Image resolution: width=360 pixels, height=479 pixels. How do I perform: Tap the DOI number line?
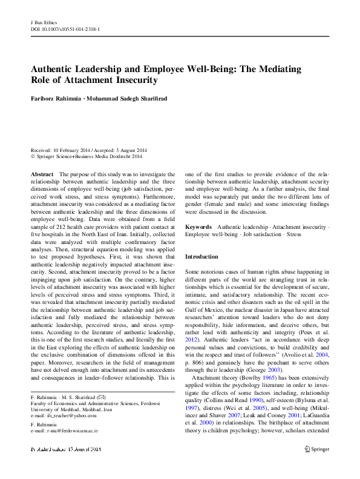pyautogui.click(x=65, y=28)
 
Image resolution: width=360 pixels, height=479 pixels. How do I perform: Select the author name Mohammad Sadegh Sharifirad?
pyautogui.click(x=134, y=98)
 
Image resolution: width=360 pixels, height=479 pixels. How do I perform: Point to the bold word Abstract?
pyautogui.click(x=42, y=174)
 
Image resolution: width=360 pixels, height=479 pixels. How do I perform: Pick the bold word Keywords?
pyautogui.click(x=198, y=226)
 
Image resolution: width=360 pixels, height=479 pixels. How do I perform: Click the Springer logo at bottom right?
pyautogui.click(x=317, y=466)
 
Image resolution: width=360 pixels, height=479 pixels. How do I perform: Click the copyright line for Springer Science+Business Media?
pyautogui.click(x=87, y=156)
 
